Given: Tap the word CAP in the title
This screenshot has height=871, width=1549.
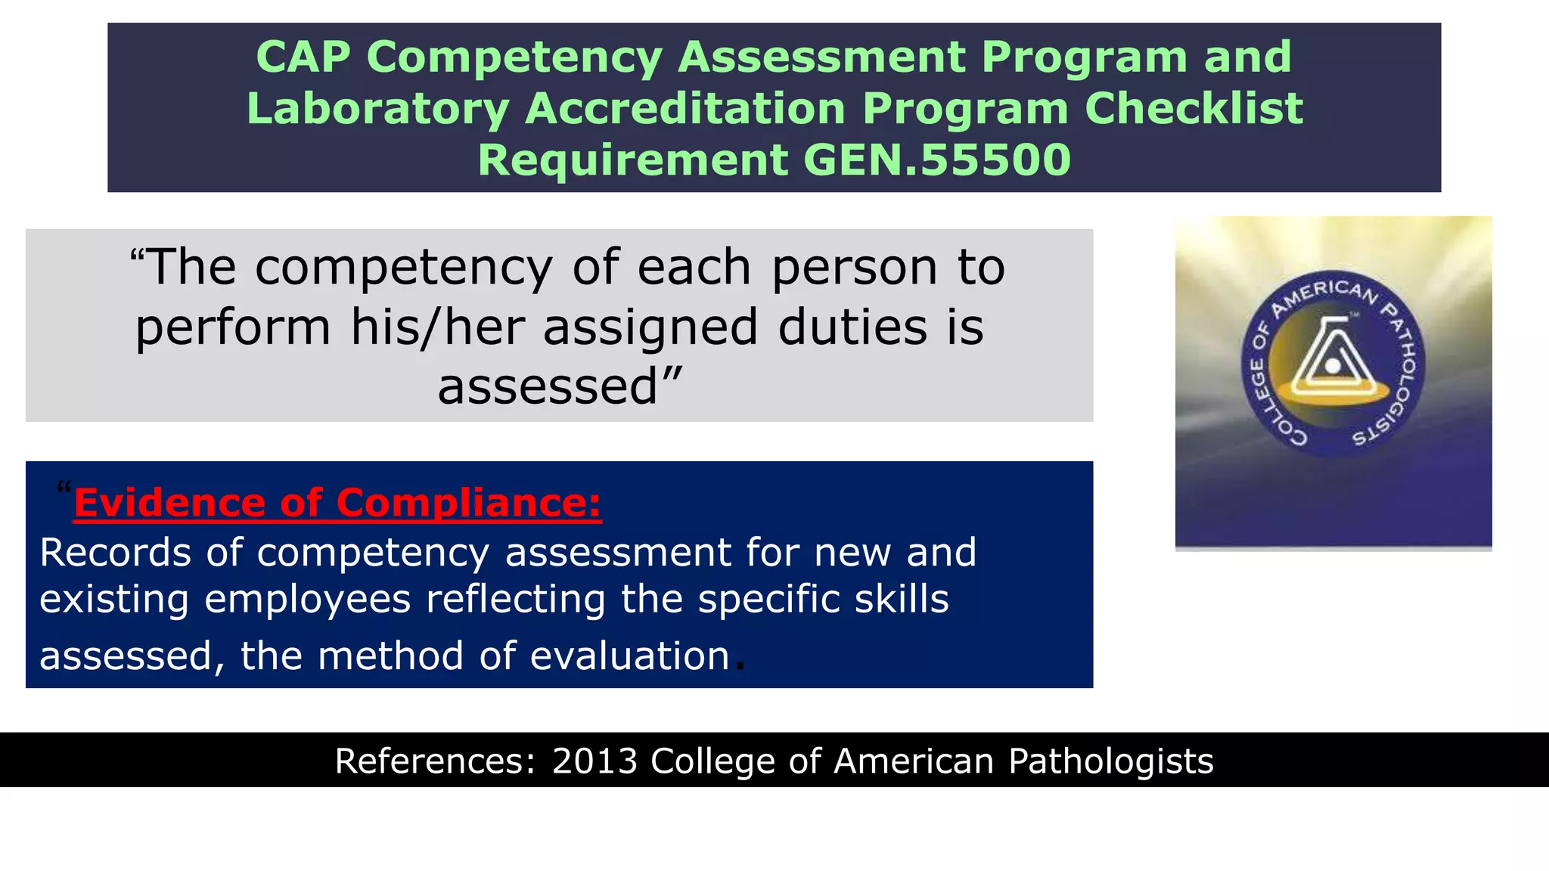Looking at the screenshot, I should (303, 57).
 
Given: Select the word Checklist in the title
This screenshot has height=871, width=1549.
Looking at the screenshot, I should (1194, 108).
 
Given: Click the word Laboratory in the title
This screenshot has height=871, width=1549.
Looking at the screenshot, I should (377, 110).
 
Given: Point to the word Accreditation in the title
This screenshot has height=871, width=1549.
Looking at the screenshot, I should (684, 108).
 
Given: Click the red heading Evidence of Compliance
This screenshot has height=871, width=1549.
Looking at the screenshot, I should (337, 503).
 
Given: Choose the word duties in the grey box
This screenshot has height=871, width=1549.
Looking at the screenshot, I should (852, 328).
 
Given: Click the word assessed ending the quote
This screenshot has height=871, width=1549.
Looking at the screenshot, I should (548, 387).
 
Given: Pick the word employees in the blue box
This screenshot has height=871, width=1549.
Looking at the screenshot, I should (308, 600).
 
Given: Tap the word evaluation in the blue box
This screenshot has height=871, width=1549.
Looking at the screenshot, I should (629, 656).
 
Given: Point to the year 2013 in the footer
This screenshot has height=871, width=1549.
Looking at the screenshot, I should (594, 761).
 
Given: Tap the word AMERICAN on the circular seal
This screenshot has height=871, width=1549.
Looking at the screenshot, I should (1324, 296).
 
